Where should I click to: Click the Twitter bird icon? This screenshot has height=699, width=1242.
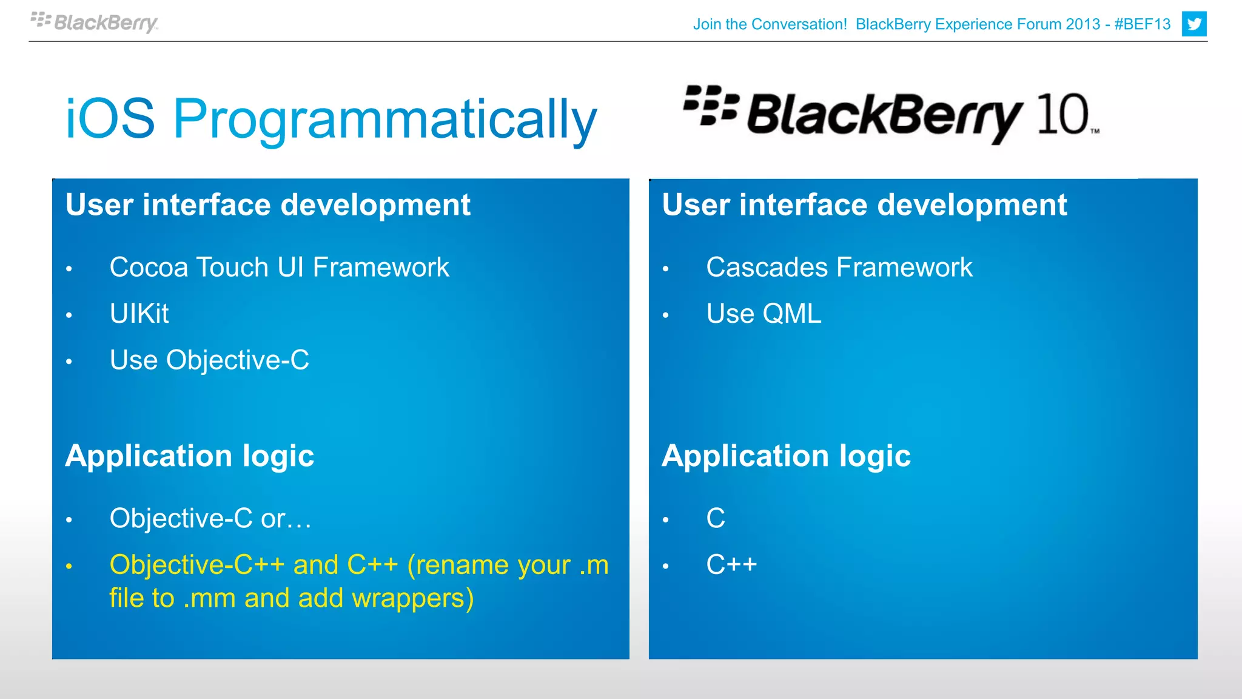click(1193, 24)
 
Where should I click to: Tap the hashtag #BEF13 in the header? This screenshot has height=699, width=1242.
click(1142, 24)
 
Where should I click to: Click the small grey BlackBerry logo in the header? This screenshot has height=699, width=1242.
click(94, 22)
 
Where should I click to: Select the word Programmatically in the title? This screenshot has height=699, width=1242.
click(385, 120)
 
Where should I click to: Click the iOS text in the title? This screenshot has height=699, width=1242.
click(110, 118)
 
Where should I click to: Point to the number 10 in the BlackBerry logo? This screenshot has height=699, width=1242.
click(1062, 115)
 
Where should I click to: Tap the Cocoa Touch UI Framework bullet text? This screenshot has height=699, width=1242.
click(279, 268)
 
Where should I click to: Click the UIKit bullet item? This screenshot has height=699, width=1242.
click(139, 314)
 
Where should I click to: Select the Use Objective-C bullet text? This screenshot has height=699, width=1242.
click(209, 360)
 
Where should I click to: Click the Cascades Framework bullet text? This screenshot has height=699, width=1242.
click(839, 268)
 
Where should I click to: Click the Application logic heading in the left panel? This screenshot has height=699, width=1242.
click(189, 456)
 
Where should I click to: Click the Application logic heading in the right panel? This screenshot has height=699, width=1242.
click(786, 456)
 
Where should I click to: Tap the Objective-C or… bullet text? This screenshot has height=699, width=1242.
click(210, 519)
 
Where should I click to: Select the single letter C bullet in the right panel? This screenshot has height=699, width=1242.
click(716, 519)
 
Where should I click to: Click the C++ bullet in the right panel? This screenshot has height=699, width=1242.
click(731, 565)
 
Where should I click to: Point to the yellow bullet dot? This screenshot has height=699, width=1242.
click(69, 567)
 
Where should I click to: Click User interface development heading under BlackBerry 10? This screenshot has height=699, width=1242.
click(864, 205)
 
